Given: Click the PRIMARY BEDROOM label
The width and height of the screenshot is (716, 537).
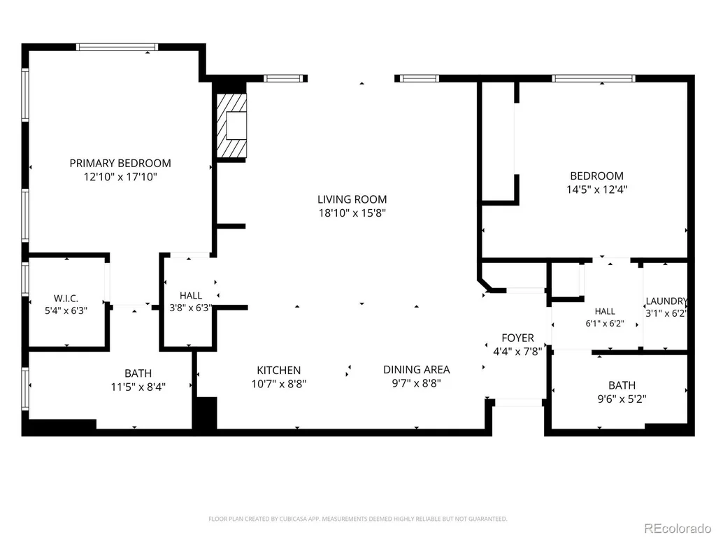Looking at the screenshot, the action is coord(120,163).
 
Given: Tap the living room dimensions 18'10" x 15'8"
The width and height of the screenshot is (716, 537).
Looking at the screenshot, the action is coord(352,213).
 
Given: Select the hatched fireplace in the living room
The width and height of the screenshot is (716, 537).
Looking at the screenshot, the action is coord(231,126).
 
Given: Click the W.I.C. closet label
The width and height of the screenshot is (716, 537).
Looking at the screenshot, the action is coord(66,299).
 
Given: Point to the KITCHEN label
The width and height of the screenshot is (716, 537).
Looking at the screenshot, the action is coord(278,371).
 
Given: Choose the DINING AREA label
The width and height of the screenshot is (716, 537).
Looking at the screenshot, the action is coord(417,369).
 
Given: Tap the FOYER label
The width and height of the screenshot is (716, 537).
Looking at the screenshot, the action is coord(518,338).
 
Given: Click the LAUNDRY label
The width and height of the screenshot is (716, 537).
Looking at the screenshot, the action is coord(666,301).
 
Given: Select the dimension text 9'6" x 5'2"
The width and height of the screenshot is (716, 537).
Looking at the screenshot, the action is coord(622,399).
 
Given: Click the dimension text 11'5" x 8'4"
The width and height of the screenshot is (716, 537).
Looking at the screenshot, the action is coord(138,387).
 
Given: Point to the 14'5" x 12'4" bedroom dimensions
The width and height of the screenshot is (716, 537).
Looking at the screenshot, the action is coord(597,189).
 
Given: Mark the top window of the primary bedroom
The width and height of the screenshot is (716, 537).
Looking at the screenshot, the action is coord(117,47).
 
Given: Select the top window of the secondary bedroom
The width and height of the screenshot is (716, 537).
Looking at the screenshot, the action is coord(594,78).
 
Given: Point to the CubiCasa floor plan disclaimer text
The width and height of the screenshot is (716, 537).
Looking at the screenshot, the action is coord(358,519).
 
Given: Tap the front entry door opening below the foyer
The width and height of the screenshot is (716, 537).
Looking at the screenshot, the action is coord(519,403).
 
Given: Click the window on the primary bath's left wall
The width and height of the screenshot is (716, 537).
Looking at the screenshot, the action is coord(25,388).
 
